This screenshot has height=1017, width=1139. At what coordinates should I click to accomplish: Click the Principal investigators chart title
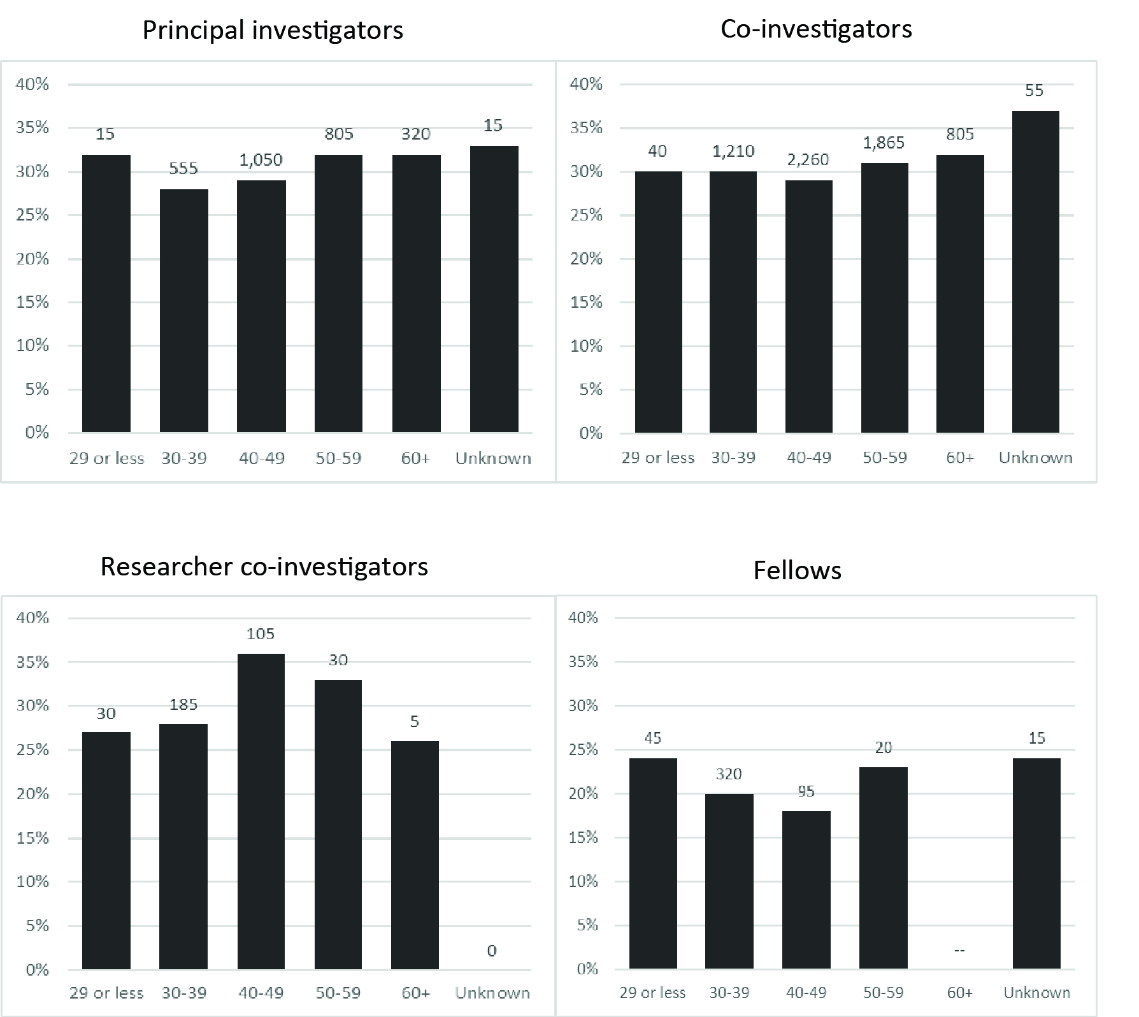(273, 31)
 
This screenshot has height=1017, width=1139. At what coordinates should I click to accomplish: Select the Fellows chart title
(797, 570)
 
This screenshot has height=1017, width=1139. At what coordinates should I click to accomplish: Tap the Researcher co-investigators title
(264, 566)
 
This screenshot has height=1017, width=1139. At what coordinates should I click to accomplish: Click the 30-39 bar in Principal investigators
(183, 311)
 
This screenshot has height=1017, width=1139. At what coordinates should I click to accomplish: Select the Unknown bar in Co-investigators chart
(1035, 272)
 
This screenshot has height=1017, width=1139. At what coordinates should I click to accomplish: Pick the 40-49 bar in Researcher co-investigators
(261, 811)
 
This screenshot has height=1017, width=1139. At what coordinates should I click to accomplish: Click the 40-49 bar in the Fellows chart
(806, 890)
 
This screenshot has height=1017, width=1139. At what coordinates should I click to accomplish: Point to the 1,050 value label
(261, 160)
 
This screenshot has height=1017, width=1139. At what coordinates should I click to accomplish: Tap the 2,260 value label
(808, 160)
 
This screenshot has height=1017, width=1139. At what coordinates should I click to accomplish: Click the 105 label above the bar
(261, 634)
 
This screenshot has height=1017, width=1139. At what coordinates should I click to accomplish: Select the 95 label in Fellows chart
(806, 791)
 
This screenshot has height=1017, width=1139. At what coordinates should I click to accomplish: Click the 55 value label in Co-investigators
(1034, 91)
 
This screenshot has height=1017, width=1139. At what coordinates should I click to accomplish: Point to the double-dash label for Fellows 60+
(959, 951)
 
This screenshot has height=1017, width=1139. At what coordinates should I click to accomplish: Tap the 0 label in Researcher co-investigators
(491, 951)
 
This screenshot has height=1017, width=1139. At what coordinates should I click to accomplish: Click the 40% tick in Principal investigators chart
(32, 84)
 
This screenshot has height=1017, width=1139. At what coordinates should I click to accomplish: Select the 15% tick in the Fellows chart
(584, 837)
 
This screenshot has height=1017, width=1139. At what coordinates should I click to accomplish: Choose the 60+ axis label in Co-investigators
(959, 458)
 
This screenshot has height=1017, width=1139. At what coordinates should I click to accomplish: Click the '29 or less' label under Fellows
(652, 993)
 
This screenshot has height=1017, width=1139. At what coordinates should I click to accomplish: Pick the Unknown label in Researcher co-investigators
(492, 993)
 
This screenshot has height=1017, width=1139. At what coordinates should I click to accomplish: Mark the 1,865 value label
(884, 143)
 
